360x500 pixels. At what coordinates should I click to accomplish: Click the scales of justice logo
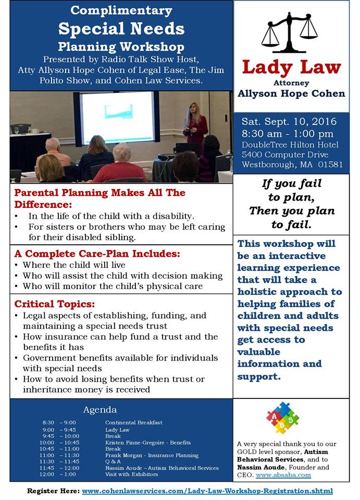pyautogui.click(x=290, y=33)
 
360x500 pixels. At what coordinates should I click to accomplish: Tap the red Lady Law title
pyautogui.click(x=291, y=68)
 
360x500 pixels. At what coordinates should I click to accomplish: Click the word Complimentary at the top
pyautogui.click(x=121, y=11)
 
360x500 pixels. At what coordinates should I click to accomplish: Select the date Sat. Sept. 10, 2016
pyautogui.click(x=289, y=121)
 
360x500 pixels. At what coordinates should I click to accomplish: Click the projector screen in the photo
pyautogui.click(x=117, y=117)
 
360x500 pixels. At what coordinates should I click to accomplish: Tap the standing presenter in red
pyautogui.click(x=195, y=124)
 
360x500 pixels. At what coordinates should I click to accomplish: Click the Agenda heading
pyautogui.click(x=100, y=410)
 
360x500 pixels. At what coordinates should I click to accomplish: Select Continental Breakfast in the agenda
pyautogui.click(x=133, y=422)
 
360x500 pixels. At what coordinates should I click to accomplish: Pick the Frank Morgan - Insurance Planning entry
pyautogui.click(x=152, y=455)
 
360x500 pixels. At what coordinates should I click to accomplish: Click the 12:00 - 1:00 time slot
pyautogui.click(x=58, y=474)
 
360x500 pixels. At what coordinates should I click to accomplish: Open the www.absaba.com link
pyautogui.click(x=283, y=475)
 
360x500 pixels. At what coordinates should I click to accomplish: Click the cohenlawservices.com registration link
pyautogui.click(x=207, y=491)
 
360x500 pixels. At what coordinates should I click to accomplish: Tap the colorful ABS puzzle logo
pyautogui.click(x=282, y=418)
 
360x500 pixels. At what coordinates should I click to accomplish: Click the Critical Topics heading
pyautogui.click(x=55, y=304)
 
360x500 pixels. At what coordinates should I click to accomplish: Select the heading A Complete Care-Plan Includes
pyautogui.click(x=97, y=254)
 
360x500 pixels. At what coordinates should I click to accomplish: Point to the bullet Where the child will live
pyautogui.click(x=74, y=265)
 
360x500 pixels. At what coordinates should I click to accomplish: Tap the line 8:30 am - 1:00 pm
pyautogui.click(x=287, y=134)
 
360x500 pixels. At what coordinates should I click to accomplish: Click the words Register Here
pyautogui.click(x=53, y=491)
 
